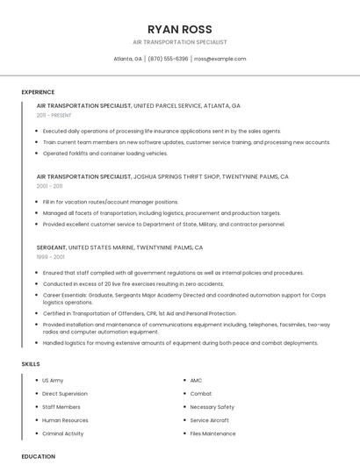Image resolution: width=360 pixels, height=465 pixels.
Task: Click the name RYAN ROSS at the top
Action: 180,29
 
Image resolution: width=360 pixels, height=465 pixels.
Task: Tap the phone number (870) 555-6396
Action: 168,59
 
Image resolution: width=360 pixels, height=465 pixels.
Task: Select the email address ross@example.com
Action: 220,59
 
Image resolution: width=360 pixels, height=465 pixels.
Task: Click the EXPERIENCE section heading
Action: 38,92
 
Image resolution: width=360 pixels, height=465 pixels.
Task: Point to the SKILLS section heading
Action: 31,363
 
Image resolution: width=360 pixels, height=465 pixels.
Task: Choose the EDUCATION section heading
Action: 38,456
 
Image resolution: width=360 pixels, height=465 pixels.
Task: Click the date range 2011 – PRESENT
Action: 54,115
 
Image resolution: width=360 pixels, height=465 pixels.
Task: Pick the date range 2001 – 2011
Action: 50,186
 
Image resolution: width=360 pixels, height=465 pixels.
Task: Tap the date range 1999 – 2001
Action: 51,257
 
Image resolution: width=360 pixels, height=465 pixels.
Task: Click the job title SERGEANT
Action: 51,247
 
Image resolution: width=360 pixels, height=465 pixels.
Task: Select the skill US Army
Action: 53,381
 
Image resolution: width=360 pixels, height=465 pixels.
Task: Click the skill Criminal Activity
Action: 63,433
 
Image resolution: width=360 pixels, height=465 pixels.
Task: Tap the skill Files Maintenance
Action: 212,433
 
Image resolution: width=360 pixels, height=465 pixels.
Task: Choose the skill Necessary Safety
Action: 212,407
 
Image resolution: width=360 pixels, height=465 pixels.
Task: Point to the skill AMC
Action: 197,381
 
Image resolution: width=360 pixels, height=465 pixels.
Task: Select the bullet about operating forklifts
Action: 105,154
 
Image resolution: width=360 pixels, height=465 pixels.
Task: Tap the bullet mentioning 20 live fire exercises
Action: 133,284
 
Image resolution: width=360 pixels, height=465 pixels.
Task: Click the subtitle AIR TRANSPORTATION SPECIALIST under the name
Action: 180,42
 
